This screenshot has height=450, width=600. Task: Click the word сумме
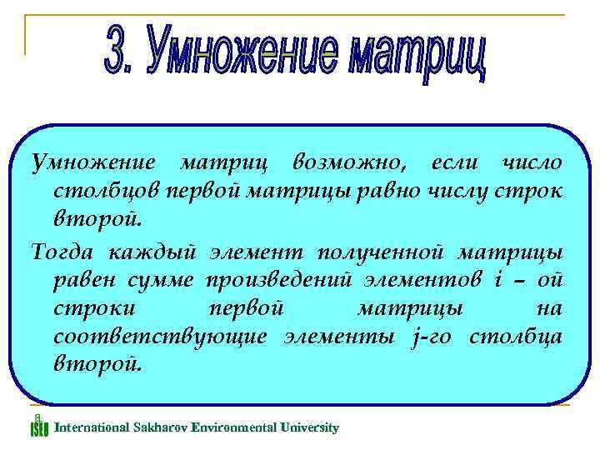coord(163,279)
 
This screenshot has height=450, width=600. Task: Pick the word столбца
coord(516,336)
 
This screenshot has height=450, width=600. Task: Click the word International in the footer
coord(91,427)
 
